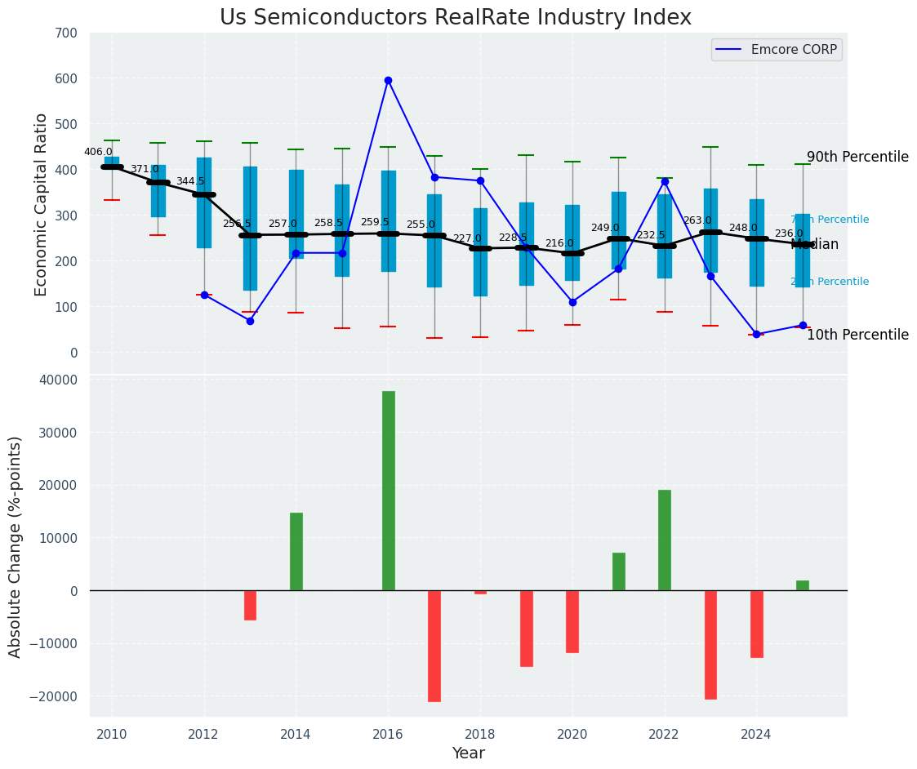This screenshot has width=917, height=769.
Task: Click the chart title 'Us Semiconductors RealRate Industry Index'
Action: click(455, 18)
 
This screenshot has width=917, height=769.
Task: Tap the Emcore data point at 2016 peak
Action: click(388, 80)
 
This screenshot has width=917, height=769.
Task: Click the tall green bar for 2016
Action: click(389, 490)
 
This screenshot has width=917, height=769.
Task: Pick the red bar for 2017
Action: click(434, 646)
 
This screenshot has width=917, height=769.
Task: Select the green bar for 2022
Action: click(665, 540)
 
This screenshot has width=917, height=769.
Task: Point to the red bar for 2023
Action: click(710, 644)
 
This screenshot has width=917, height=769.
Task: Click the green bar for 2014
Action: click(296, 551)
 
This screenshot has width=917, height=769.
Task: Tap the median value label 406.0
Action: click(98, 152)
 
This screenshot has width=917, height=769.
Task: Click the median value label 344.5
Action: click(190, 181)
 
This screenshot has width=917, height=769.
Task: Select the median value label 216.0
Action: click(559, 243)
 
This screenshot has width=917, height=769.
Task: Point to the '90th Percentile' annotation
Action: click(857, 157)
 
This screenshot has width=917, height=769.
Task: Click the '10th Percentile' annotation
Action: click(857, 335)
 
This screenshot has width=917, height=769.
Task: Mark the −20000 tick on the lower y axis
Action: click(53, 696)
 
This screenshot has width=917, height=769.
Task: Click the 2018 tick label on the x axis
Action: click(480, 733)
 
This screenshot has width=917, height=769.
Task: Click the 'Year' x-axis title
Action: click(469, 753)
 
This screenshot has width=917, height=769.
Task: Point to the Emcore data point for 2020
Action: click(572, 302)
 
